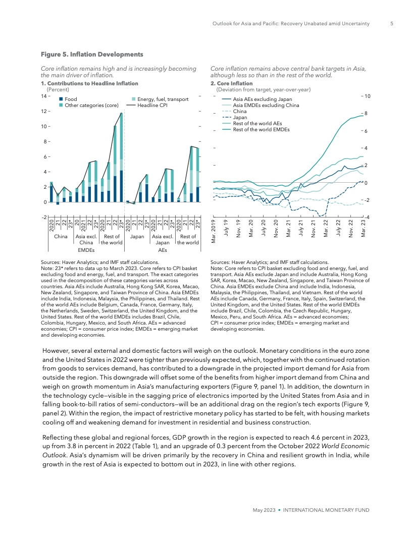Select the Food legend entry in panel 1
tap(71, 99)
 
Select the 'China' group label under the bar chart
tap(61, 236)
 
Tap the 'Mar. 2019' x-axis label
tap(213, 233)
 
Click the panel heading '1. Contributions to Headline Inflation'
tap(92, 83)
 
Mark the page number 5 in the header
tap(391, 23)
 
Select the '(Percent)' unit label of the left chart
tap(58, 89)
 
